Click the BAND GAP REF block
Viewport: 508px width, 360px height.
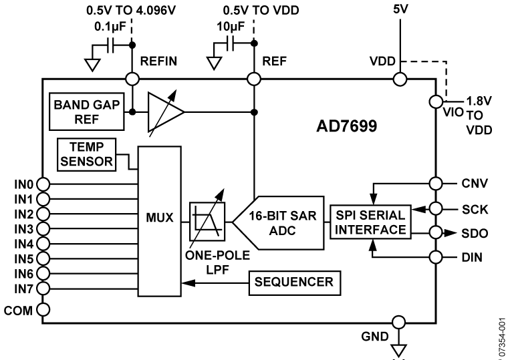click(x=86, y=111)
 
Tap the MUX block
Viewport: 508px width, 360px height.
click(x=159, y=218)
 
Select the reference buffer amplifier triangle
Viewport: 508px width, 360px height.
click(x=164, y=112)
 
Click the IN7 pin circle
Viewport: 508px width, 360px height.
click(x=44, y=288)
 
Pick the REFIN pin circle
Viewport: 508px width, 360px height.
click(x=133, y=79)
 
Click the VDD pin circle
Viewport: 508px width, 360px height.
click(x=399, y=79)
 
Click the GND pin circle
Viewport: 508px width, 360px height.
click(x=399, y=323)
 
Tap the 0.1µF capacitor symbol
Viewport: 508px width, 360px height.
click(x=110, y=44)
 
